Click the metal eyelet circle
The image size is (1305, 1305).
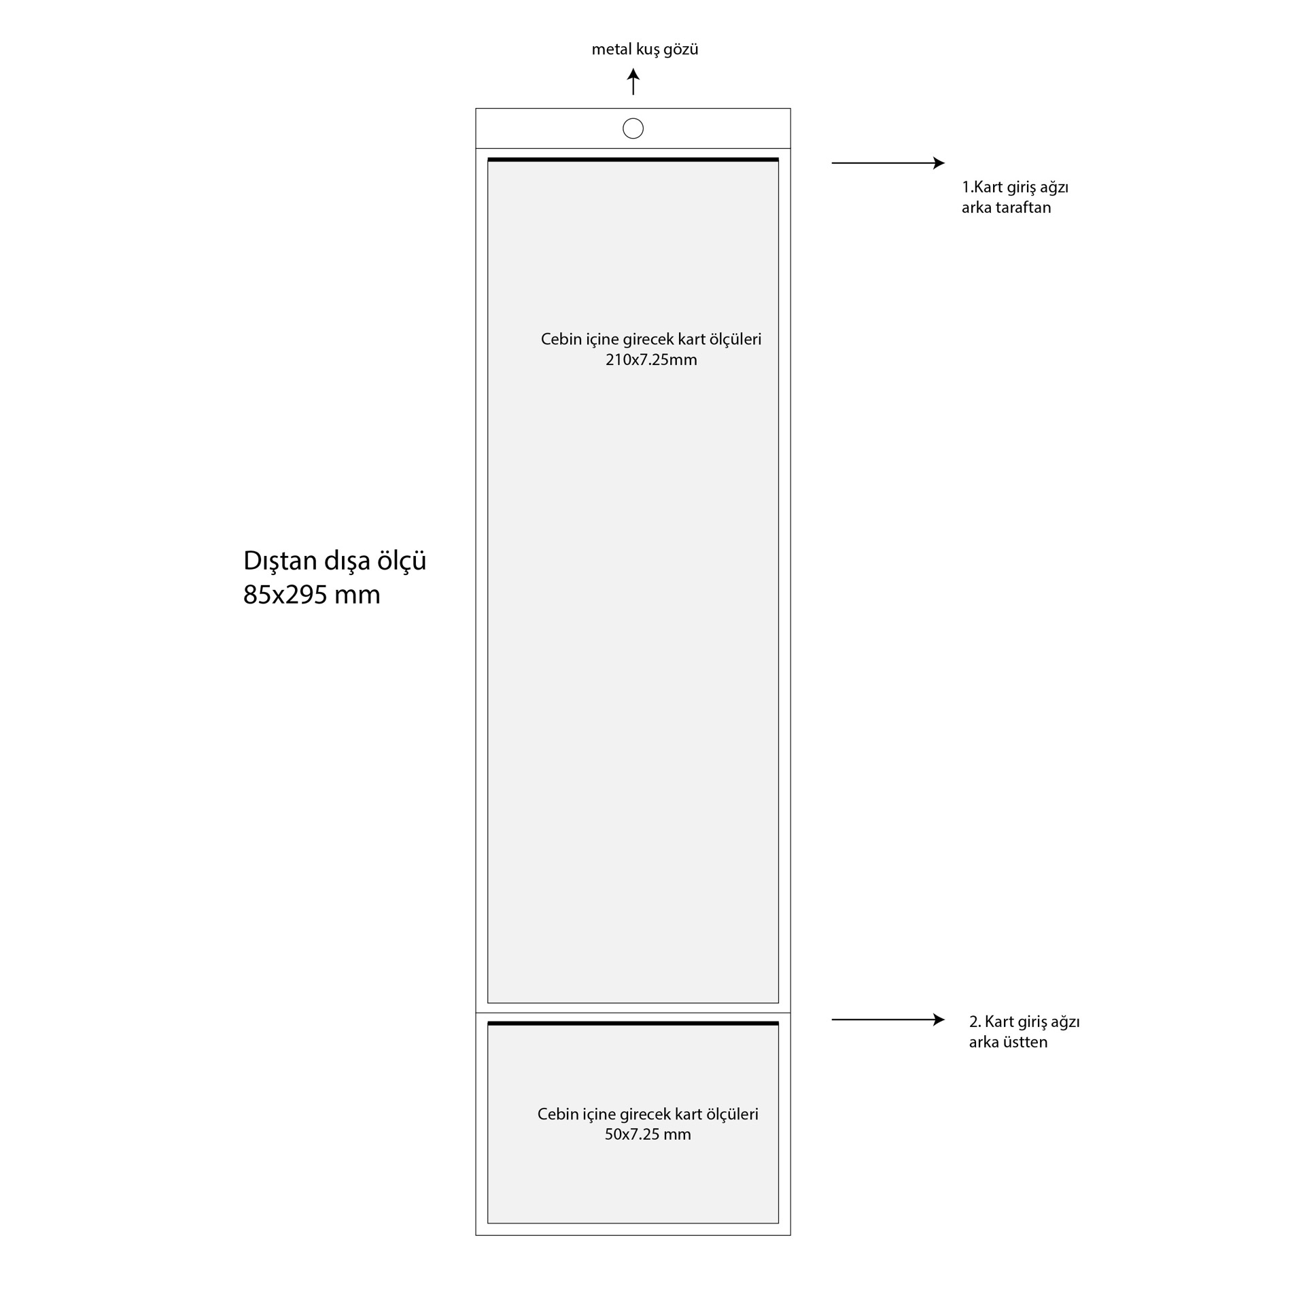click(x=633, y=128)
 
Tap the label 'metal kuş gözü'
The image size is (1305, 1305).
click(x=645, y=50)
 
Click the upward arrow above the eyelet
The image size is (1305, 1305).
click(x=633, y=82)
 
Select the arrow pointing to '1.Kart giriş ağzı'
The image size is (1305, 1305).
click(x=888, y=163)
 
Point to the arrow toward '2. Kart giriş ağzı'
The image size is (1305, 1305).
click(x=888, y=1020)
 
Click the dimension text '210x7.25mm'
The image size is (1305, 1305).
click(x=651, y=360)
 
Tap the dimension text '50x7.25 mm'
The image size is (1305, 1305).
click(x=648, y=1134)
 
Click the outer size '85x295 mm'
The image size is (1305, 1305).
click(x=312, y=595)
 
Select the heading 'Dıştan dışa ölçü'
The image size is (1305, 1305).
click(x=335, y=561)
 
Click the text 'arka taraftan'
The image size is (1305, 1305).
click(x=1006, y=208)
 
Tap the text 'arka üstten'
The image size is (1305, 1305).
click(x=1008, y=1042)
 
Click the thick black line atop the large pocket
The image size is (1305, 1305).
click(x=633, y=160)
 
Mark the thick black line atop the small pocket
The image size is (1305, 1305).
click(x=633, y=1023)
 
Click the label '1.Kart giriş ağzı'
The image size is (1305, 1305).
click(x=1015, y=188)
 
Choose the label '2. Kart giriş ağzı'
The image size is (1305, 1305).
click(x=1024, y=1022)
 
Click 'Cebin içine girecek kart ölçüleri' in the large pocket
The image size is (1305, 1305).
click(x=651, y=339)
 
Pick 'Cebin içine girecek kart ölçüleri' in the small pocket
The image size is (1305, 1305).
click(x=648, y=1114)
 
